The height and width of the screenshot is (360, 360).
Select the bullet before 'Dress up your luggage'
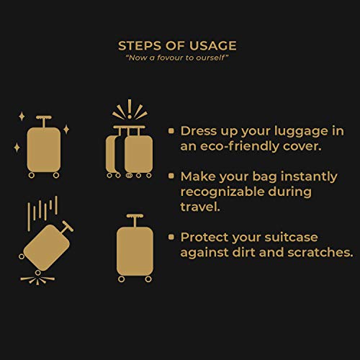[x=171, y=131]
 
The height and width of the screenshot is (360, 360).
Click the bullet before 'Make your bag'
[x=171, y=176]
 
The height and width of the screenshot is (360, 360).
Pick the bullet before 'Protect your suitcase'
[x=171, y=237]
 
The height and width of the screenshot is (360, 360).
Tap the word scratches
[x=320, y=252]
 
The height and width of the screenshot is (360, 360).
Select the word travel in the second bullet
[x=200, y=207]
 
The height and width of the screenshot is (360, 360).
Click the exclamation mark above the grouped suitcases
[x=130, y=109]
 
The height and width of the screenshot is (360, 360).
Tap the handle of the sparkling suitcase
[x=44, y=121]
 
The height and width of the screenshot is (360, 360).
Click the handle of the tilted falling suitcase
[x=66, y=228]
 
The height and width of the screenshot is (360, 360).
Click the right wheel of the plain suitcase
[x=148, y=279]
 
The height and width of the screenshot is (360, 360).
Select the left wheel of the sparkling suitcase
[x=32, y=176]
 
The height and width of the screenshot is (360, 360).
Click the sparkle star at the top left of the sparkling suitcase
[x=22, y=117]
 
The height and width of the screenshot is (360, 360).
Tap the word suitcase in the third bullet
[x=291, y=237]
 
